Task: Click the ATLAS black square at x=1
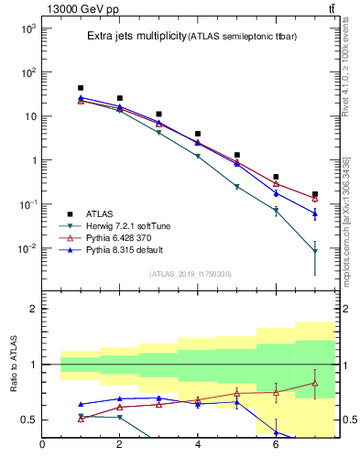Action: click(x=81, y=88)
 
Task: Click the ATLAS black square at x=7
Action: click(x=315, y=194)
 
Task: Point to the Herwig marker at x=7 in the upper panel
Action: click(x=315, y=251)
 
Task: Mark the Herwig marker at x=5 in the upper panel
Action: click(x=237, y=186)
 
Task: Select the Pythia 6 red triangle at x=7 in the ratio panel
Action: click(x=315, y=383)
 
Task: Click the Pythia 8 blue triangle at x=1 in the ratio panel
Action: click(x=81, y=404)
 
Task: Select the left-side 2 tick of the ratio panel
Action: click(x=32, y=309)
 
